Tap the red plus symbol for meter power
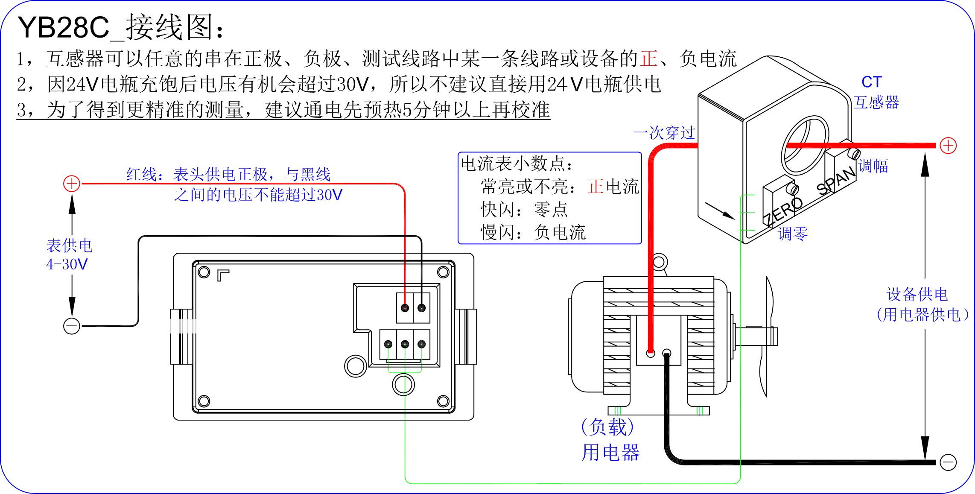(72, 184)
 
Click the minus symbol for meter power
(72, 326)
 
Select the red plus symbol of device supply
(948, 146)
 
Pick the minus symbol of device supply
(948, 462)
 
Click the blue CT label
(871, 82)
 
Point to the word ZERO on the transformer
(782, 211)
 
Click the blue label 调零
(793, 234)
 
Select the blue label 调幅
(873, 166)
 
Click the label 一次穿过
(664, 133)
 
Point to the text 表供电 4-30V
(68, 254)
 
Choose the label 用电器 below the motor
(610, 453)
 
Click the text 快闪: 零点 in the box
(524, 209)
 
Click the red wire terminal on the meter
(405, 308)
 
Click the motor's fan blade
(767, 337)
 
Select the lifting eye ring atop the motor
(659, 261)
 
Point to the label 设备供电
(917, 294)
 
